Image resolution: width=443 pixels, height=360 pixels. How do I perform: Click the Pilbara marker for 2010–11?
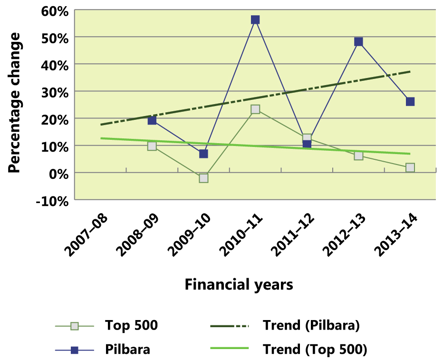point(255,19)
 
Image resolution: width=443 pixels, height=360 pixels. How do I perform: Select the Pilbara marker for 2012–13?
point(358,42)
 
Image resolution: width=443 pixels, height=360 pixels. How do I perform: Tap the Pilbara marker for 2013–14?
point(410,101)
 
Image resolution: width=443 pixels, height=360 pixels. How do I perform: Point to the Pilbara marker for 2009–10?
point(203,154)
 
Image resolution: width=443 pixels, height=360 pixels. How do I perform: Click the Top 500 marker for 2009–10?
point(203,178)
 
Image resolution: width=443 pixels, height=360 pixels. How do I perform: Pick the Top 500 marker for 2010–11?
point(255,109)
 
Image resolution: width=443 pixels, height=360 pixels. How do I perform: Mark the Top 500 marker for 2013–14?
point(410,167)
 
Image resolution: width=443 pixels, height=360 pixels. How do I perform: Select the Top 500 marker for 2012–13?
point(358,156)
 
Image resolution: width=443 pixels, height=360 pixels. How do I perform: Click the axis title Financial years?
point(239,285)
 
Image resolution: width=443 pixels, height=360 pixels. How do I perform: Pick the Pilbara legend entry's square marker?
point(74,350)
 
